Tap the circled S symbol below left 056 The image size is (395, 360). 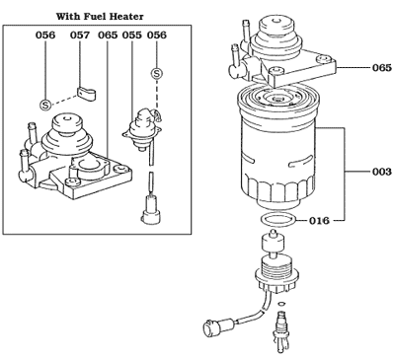44,103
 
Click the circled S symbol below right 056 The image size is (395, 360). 157,73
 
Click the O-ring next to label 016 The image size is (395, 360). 276,219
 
